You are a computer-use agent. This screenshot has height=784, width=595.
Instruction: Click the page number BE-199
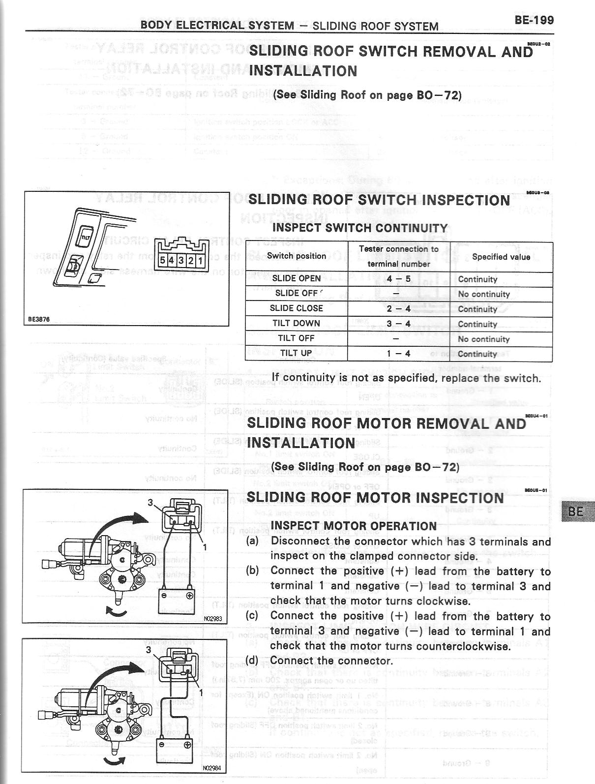coord(534,20)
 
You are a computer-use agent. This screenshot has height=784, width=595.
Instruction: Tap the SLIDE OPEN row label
coord(296,278)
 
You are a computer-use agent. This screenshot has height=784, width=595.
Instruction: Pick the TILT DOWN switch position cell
coord(296,323)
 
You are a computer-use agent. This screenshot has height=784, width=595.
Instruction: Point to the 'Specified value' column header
coord(501,257)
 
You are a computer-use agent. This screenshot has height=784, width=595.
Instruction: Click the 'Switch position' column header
coord(297,256)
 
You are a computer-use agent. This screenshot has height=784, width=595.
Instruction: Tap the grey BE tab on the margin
coord(575,512)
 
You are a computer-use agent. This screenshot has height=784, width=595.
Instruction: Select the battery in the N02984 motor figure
coord(173,749)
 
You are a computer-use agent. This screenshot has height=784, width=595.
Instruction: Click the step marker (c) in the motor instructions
coord(253,616)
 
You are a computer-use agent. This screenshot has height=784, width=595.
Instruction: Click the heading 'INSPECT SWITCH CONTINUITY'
coord(360,228)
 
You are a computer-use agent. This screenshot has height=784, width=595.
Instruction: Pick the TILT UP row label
coord(296,353)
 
